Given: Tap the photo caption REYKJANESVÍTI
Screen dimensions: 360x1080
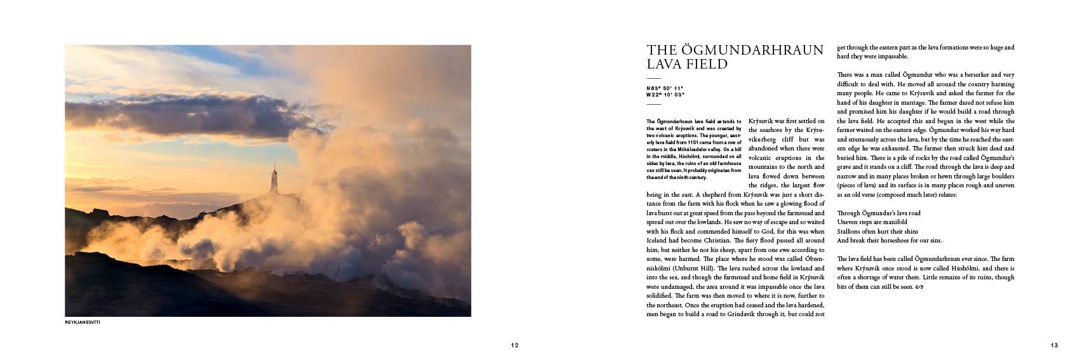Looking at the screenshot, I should point(83,323).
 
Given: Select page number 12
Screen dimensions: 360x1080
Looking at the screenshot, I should point(514,345).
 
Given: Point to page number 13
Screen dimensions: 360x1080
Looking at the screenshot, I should point(1054,345).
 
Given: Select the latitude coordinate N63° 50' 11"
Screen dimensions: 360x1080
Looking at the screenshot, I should point(665,88).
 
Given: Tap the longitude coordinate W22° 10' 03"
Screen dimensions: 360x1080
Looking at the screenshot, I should point(665,95).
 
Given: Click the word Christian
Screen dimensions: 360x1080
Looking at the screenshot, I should point(715,241).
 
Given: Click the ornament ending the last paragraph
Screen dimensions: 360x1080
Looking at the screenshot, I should point(918,287).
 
